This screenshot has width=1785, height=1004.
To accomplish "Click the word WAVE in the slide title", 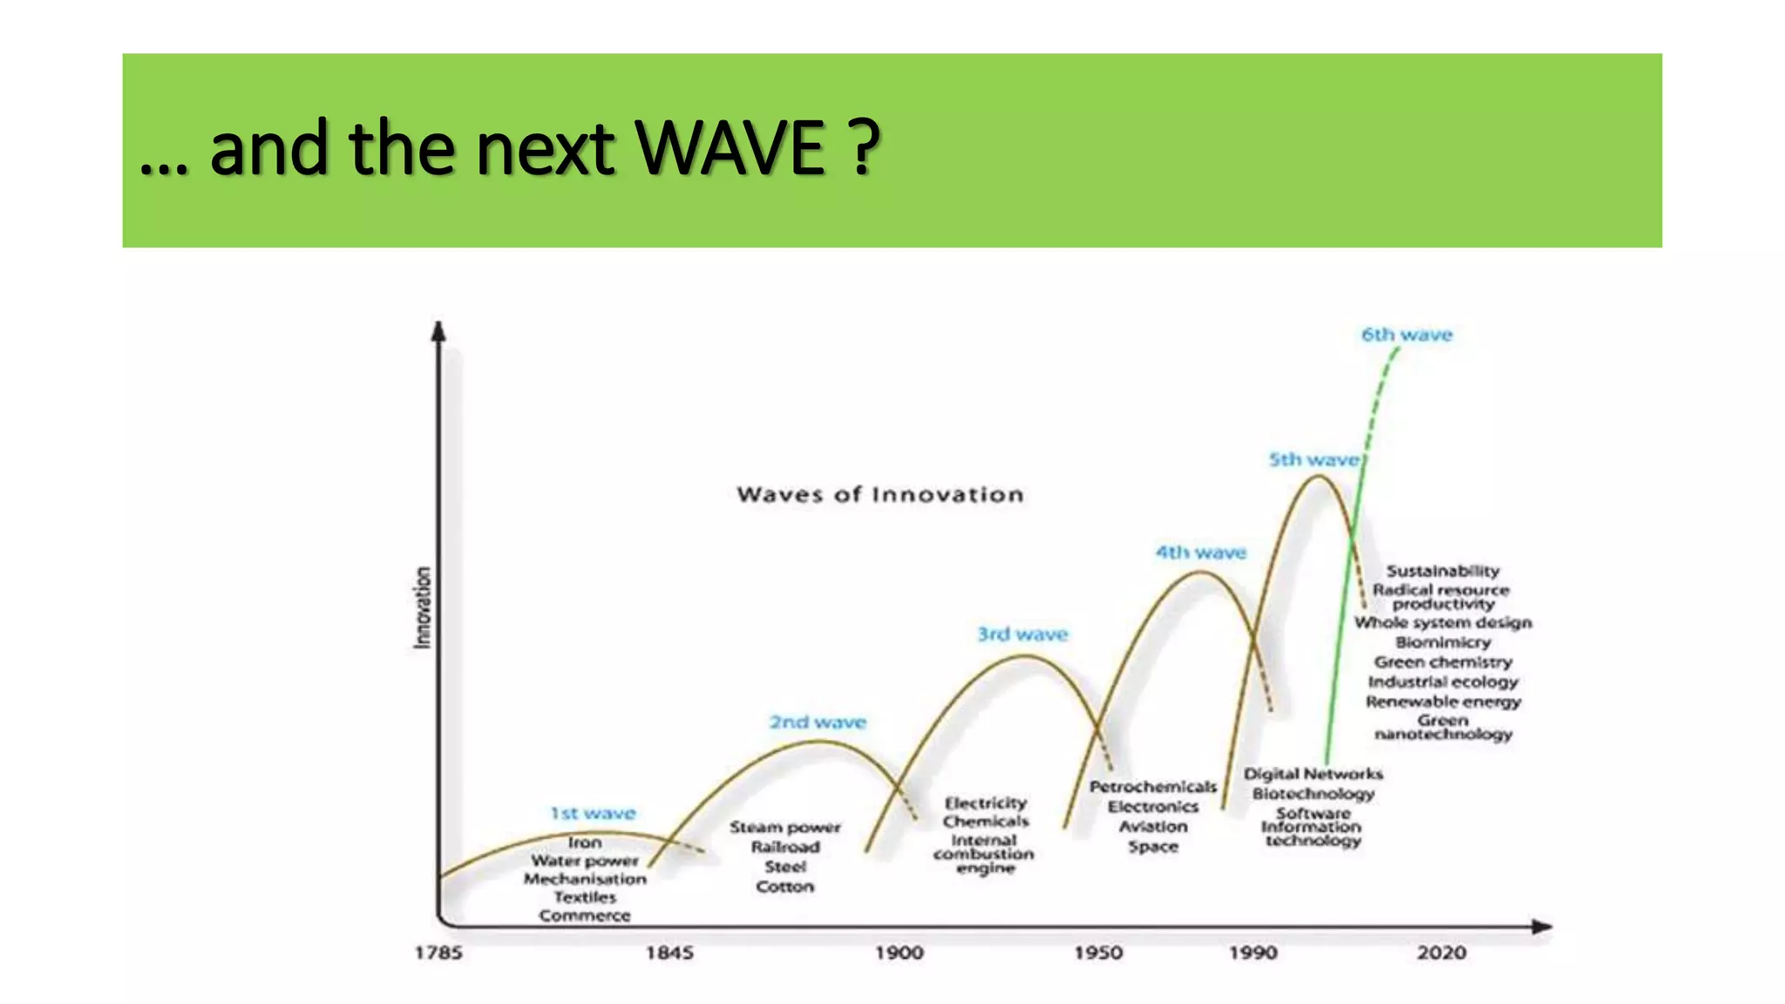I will pos(730,148).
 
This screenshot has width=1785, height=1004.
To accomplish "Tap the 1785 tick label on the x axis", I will pos(438,953).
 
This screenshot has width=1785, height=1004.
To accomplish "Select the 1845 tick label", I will pos(669,953).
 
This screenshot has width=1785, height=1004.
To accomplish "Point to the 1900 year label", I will pos(899,953).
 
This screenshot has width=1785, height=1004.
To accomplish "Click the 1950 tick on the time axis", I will pos(1098,953).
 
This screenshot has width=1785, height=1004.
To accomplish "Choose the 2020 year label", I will pos(1442,953).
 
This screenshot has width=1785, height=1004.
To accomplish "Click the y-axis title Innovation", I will pos(422,607).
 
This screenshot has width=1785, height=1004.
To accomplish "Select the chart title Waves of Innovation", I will pos(880,495).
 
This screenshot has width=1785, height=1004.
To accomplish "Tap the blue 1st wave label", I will pos(593,813).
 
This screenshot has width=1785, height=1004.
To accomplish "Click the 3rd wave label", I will pos(1022,634).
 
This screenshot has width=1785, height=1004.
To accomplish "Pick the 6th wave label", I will pos(1407,335).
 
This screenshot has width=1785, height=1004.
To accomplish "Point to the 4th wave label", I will pos(1201,553).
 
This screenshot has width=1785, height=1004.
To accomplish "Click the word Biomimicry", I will pos(1442,642).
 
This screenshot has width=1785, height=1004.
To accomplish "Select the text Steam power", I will pos(785,827).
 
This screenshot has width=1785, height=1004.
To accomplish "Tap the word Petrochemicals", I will pos(1152,787).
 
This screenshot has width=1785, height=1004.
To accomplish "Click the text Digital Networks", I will pos(1313,774).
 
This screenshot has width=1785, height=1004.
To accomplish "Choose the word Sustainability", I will pos(1442,571).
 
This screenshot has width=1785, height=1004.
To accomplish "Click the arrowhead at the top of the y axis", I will pos(439,330).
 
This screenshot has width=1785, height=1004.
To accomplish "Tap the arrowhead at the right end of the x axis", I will pos(1542,926).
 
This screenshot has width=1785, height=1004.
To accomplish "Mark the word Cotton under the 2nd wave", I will pos(784,886).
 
